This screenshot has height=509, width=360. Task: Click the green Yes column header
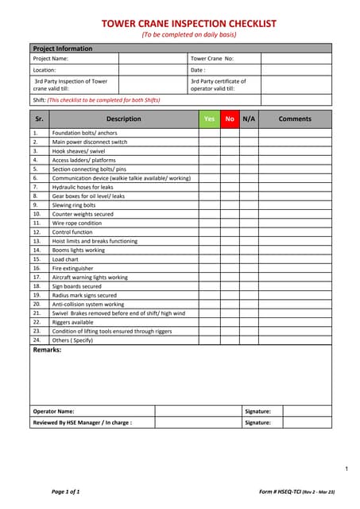pos(209,119)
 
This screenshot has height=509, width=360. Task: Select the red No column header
pos(230,119)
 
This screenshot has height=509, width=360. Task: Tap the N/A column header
pos(249,119)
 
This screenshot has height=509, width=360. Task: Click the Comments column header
pos(295,119)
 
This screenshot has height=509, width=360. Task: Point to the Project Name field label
pos(51,58)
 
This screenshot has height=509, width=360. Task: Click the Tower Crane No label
pos(212,58)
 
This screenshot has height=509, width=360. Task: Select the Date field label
pos(198,70)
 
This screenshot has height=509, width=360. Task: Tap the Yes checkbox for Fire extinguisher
pos(209,269)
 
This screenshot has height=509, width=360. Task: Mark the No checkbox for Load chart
pos(230,259)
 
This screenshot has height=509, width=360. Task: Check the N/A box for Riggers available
pos(249,322)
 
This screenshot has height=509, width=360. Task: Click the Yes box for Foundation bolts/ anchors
pos(209,133)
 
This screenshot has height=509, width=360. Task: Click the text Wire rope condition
pos(77,223)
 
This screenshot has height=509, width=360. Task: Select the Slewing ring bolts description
pos(74,205)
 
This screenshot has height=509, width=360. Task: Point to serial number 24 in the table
pos(37,340)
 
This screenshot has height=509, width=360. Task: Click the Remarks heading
pos(47,350)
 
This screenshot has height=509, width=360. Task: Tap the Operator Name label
pos(53,411)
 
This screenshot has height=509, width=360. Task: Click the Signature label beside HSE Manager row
pos(258,423)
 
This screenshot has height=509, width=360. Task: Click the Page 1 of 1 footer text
pos(66,492)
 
